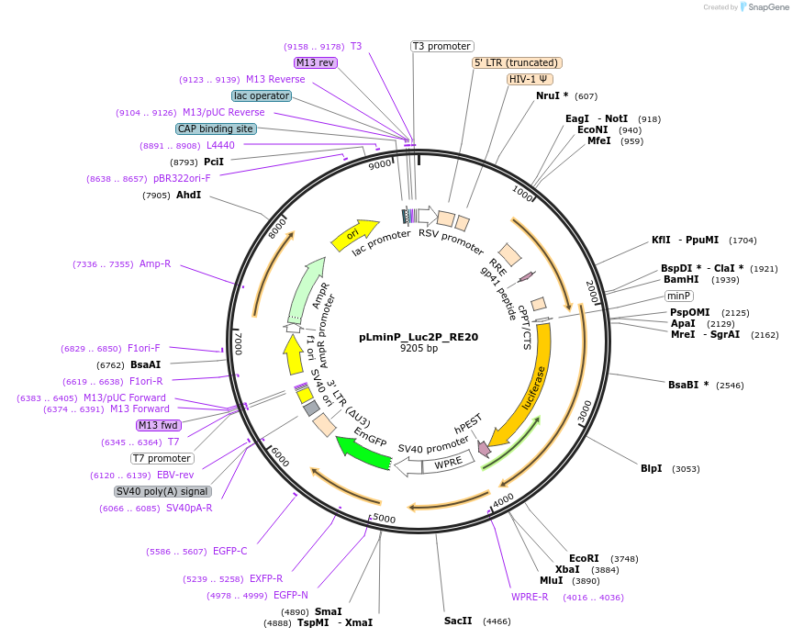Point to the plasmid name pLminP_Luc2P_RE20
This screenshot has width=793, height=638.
[419, 337]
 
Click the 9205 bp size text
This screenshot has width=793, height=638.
[419, 349]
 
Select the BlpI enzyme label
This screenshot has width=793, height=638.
[651, 468]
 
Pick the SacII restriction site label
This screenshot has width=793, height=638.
[458, 621]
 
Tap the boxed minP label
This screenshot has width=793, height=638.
[679, 296]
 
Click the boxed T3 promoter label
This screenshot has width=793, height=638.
[441, 46]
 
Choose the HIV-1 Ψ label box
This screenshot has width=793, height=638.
[530, 79]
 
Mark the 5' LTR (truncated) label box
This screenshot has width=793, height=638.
[517, 62]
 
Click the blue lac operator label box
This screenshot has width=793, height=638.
[262, 95]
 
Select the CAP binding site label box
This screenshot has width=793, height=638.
[216, 129]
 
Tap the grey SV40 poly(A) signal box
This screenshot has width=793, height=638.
[162, 491]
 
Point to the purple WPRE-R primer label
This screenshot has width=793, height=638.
[530, 597]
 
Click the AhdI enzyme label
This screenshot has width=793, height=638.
[189, 195]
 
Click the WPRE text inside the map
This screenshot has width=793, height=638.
[449, 465]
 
